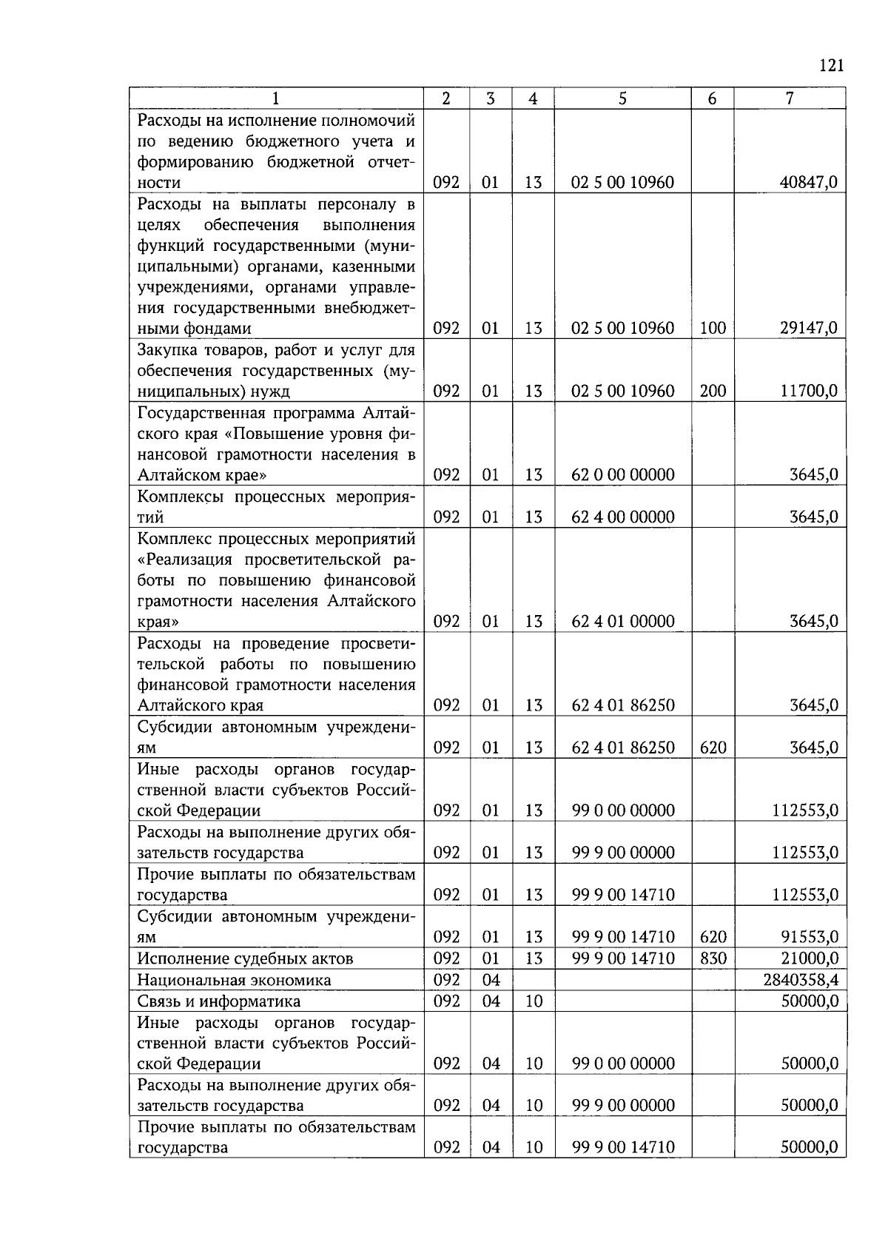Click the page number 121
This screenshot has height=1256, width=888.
(832, 66)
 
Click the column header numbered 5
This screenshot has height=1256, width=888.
(622, 98)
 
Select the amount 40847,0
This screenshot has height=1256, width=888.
(809, 182)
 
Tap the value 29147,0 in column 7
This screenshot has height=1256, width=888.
(809, 328)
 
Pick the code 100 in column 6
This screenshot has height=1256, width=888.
(713, 328)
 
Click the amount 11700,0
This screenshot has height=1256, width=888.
(809, 391)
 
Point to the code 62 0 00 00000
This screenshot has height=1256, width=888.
(623, 474)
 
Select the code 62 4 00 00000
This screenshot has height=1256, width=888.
(623, 517)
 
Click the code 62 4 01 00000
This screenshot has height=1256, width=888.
(623, 621)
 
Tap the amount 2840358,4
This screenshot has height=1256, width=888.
(801, 980)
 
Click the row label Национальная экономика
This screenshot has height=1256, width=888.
(234, 980)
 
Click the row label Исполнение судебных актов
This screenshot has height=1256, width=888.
(245, 958)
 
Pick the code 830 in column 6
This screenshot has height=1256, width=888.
(713, 958)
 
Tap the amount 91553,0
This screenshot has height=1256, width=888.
(809, 937)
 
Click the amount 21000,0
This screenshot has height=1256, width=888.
(809, 958)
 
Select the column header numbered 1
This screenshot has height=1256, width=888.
(276, 98)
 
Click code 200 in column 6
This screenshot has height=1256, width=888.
(713, 391)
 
